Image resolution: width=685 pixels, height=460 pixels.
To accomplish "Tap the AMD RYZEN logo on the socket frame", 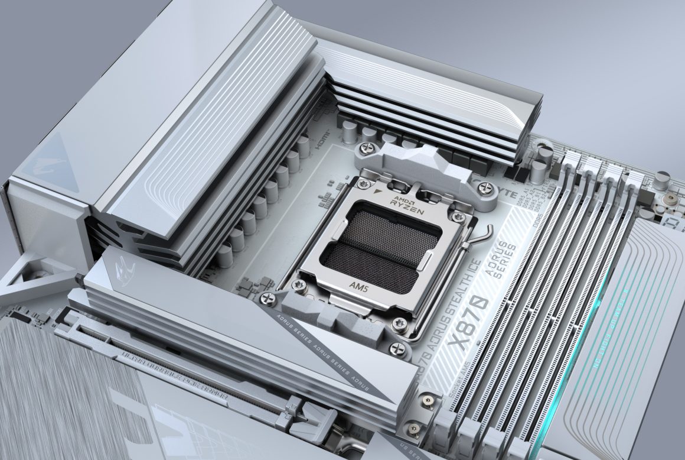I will tap(406, 203).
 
